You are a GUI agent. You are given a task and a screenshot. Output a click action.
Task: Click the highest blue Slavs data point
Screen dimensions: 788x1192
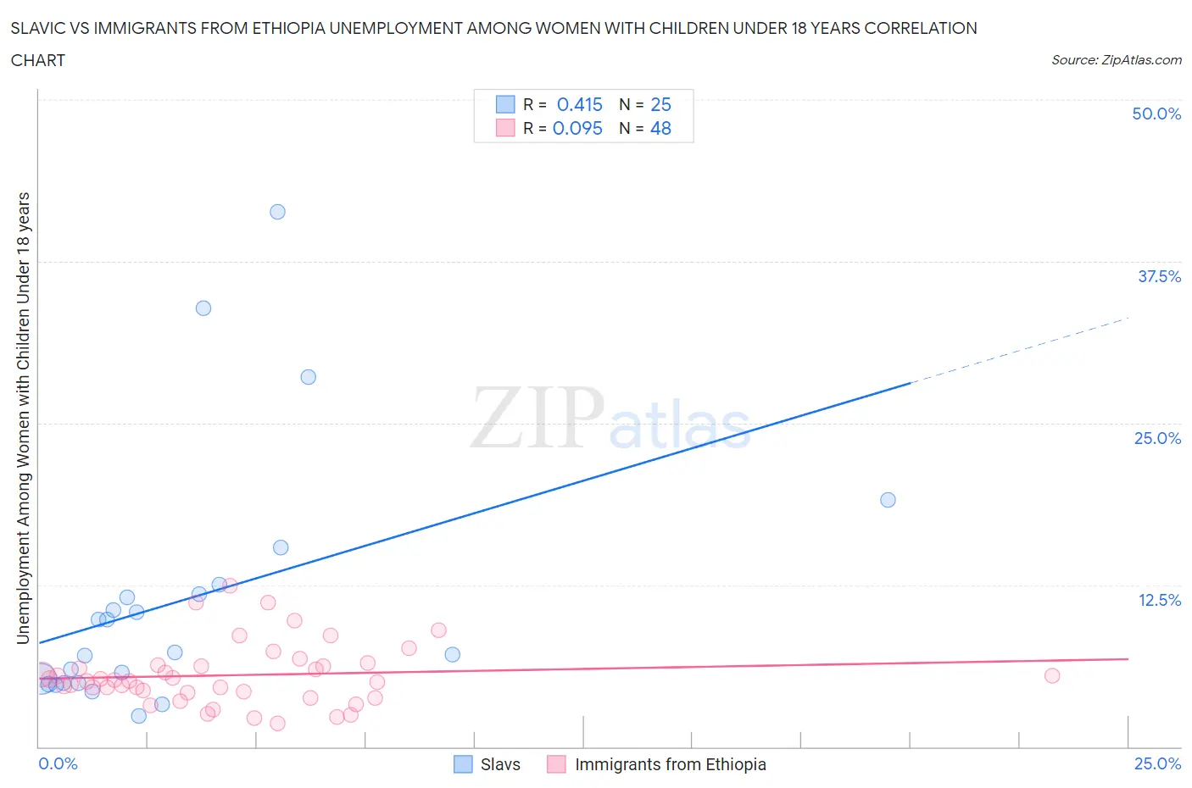pos(277,212)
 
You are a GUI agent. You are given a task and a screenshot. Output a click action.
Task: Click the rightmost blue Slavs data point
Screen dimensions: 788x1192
pos(888,500)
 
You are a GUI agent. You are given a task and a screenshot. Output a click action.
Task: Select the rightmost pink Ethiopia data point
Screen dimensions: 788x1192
pos(1052,675)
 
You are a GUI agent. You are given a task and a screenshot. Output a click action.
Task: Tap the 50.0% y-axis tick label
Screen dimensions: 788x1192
pos(1156,114)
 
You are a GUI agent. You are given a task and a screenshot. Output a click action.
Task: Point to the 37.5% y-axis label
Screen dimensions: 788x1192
pos(1159,276)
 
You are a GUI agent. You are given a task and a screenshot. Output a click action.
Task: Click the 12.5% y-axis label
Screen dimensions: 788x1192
pos(1159,600)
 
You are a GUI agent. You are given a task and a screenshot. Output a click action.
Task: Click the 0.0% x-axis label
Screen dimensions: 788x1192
pos(58,763)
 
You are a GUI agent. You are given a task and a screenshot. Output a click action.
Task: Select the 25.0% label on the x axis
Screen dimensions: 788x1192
pos(1157,763)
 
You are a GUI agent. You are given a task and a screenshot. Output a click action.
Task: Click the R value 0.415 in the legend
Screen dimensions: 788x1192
pos(579,104)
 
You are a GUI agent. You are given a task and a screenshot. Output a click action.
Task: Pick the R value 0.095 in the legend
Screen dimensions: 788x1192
pos(577,128)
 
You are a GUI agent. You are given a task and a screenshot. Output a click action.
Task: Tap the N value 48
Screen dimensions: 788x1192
pos(660,128)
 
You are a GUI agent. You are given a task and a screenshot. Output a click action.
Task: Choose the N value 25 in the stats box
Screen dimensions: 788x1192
pos(660,104)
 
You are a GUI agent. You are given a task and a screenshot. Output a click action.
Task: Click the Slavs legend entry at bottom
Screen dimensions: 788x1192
pos(499,764)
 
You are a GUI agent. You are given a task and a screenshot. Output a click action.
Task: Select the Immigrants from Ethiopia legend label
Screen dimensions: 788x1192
pos(670,764)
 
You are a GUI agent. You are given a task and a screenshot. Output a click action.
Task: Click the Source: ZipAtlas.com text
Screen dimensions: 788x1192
pos(1116,59)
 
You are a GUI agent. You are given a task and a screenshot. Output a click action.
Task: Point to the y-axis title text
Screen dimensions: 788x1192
pos(23,418)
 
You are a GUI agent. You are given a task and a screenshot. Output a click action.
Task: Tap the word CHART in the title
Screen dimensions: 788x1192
pos(38,60)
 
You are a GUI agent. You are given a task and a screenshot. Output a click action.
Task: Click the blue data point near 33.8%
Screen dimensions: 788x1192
pos(203,308)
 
